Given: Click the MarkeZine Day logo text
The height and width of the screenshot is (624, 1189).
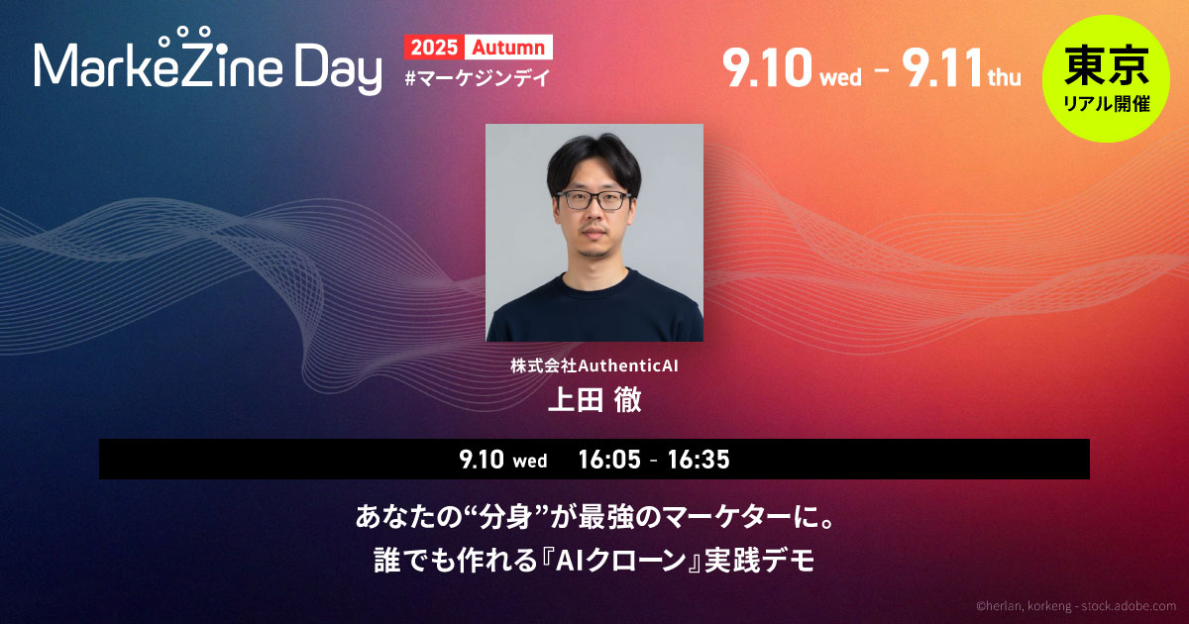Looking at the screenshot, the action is [x=208, y=62].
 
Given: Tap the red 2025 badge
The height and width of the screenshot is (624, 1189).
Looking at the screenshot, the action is [x=434, y=48].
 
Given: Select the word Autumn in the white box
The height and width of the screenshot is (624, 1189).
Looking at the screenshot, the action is [x=508, y=48].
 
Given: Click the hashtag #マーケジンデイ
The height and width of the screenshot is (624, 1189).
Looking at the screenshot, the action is [x=478, y=78].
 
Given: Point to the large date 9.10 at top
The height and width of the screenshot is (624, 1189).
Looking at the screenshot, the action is [x=768, y=68].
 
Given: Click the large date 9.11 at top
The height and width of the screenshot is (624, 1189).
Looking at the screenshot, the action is [x=941, y=68].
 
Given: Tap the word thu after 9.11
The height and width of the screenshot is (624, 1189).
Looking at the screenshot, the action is [x=1005, y=77].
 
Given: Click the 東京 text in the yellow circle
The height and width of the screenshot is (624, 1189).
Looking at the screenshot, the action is [x=1106, y=65].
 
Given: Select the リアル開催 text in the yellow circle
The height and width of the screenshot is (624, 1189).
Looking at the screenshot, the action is [x=1107, y=104].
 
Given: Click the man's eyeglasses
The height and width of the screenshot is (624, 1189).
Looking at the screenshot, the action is [x=594, y=200].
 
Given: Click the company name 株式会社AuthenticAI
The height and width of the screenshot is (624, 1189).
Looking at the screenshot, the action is [x=594, y=365].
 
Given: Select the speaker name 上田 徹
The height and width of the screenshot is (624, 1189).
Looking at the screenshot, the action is [x=594, y=399].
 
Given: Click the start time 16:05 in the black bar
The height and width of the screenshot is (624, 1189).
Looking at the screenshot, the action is [x=609, y=460].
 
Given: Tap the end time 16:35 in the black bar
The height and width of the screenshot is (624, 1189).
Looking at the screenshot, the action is [x=699, y=460].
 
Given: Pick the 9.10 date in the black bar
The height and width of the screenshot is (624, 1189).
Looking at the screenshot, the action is [x=482, y=460].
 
